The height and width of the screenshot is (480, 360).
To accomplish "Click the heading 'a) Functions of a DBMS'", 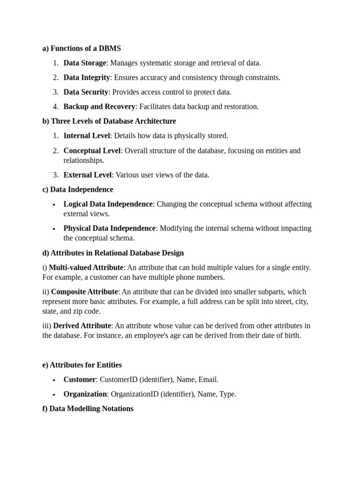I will point(82,48).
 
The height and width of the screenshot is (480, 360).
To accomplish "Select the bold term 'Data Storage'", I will point(85,63).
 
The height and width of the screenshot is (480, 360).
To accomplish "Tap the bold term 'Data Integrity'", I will point(87,77).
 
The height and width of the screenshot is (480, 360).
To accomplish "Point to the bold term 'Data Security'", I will point(86,92).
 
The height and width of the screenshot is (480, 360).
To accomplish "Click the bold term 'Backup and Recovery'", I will point(99,106).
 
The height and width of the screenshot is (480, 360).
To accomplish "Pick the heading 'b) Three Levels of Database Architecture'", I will point(109,121).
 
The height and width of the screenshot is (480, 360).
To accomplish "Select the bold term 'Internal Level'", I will point(87,135).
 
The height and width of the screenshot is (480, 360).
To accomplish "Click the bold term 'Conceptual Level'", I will point(92,150).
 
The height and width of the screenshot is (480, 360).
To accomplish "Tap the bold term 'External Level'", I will point(88,175).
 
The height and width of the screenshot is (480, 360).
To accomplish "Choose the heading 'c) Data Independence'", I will point(78,189).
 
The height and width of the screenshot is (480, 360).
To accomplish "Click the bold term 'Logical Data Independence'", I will point(108,204).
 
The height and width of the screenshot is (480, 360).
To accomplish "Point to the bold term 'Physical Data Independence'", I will point(110,228).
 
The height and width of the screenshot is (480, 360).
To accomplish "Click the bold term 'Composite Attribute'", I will point(84,292).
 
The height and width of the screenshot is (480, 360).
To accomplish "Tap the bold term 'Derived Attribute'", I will point(82,325).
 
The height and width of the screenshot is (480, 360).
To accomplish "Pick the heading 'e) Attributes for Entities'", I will point(82,365).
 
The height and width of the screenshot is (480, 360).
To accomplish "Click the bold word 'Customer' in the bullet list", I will point(78,380).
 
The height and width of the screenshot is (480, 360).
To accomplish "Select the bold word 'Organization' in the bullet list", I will point(85,394).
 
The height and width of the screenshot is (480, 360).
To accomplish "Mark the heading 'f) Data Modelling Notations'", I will point(88,409).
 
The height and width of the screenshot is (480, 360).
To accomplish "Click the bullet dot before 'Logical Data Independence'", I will point(54,205).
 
